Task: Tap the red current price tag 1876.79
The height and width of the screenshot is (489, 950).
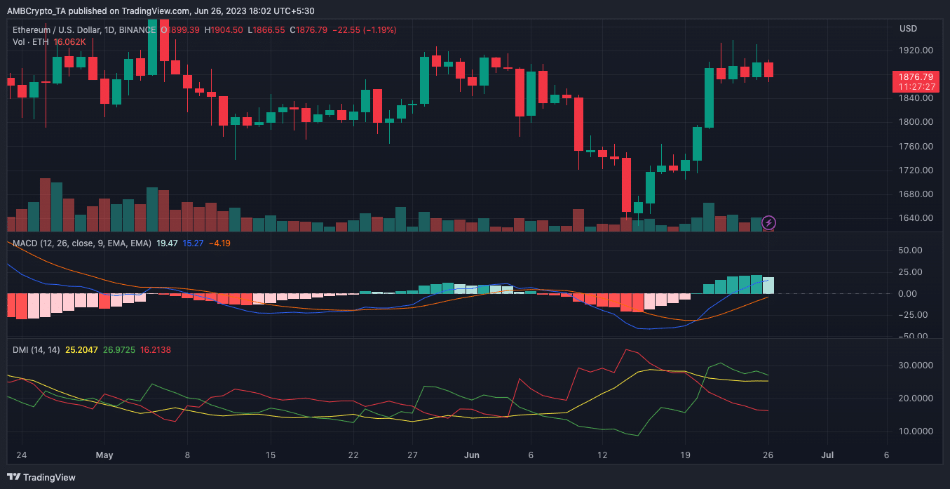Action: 916,76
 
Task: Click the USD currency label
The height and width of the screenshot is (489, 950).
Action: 908,29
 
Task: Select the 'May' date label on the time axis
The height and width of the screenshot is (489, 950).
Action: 104,455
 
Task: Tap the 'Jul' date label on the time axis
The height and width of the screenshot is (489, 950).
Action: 827,455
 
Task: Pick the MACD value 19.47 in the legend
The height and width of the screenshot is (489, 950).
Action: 167,243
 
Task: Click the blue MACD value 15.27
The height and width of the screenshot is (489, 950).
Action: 193,243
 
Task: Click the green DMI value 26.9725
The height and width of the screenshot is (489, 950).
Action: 119,349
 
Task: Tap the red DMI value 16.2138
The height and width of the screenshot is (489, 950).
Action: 155,349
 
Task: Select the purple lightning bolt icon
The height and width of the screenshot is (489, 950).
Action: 768,223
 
